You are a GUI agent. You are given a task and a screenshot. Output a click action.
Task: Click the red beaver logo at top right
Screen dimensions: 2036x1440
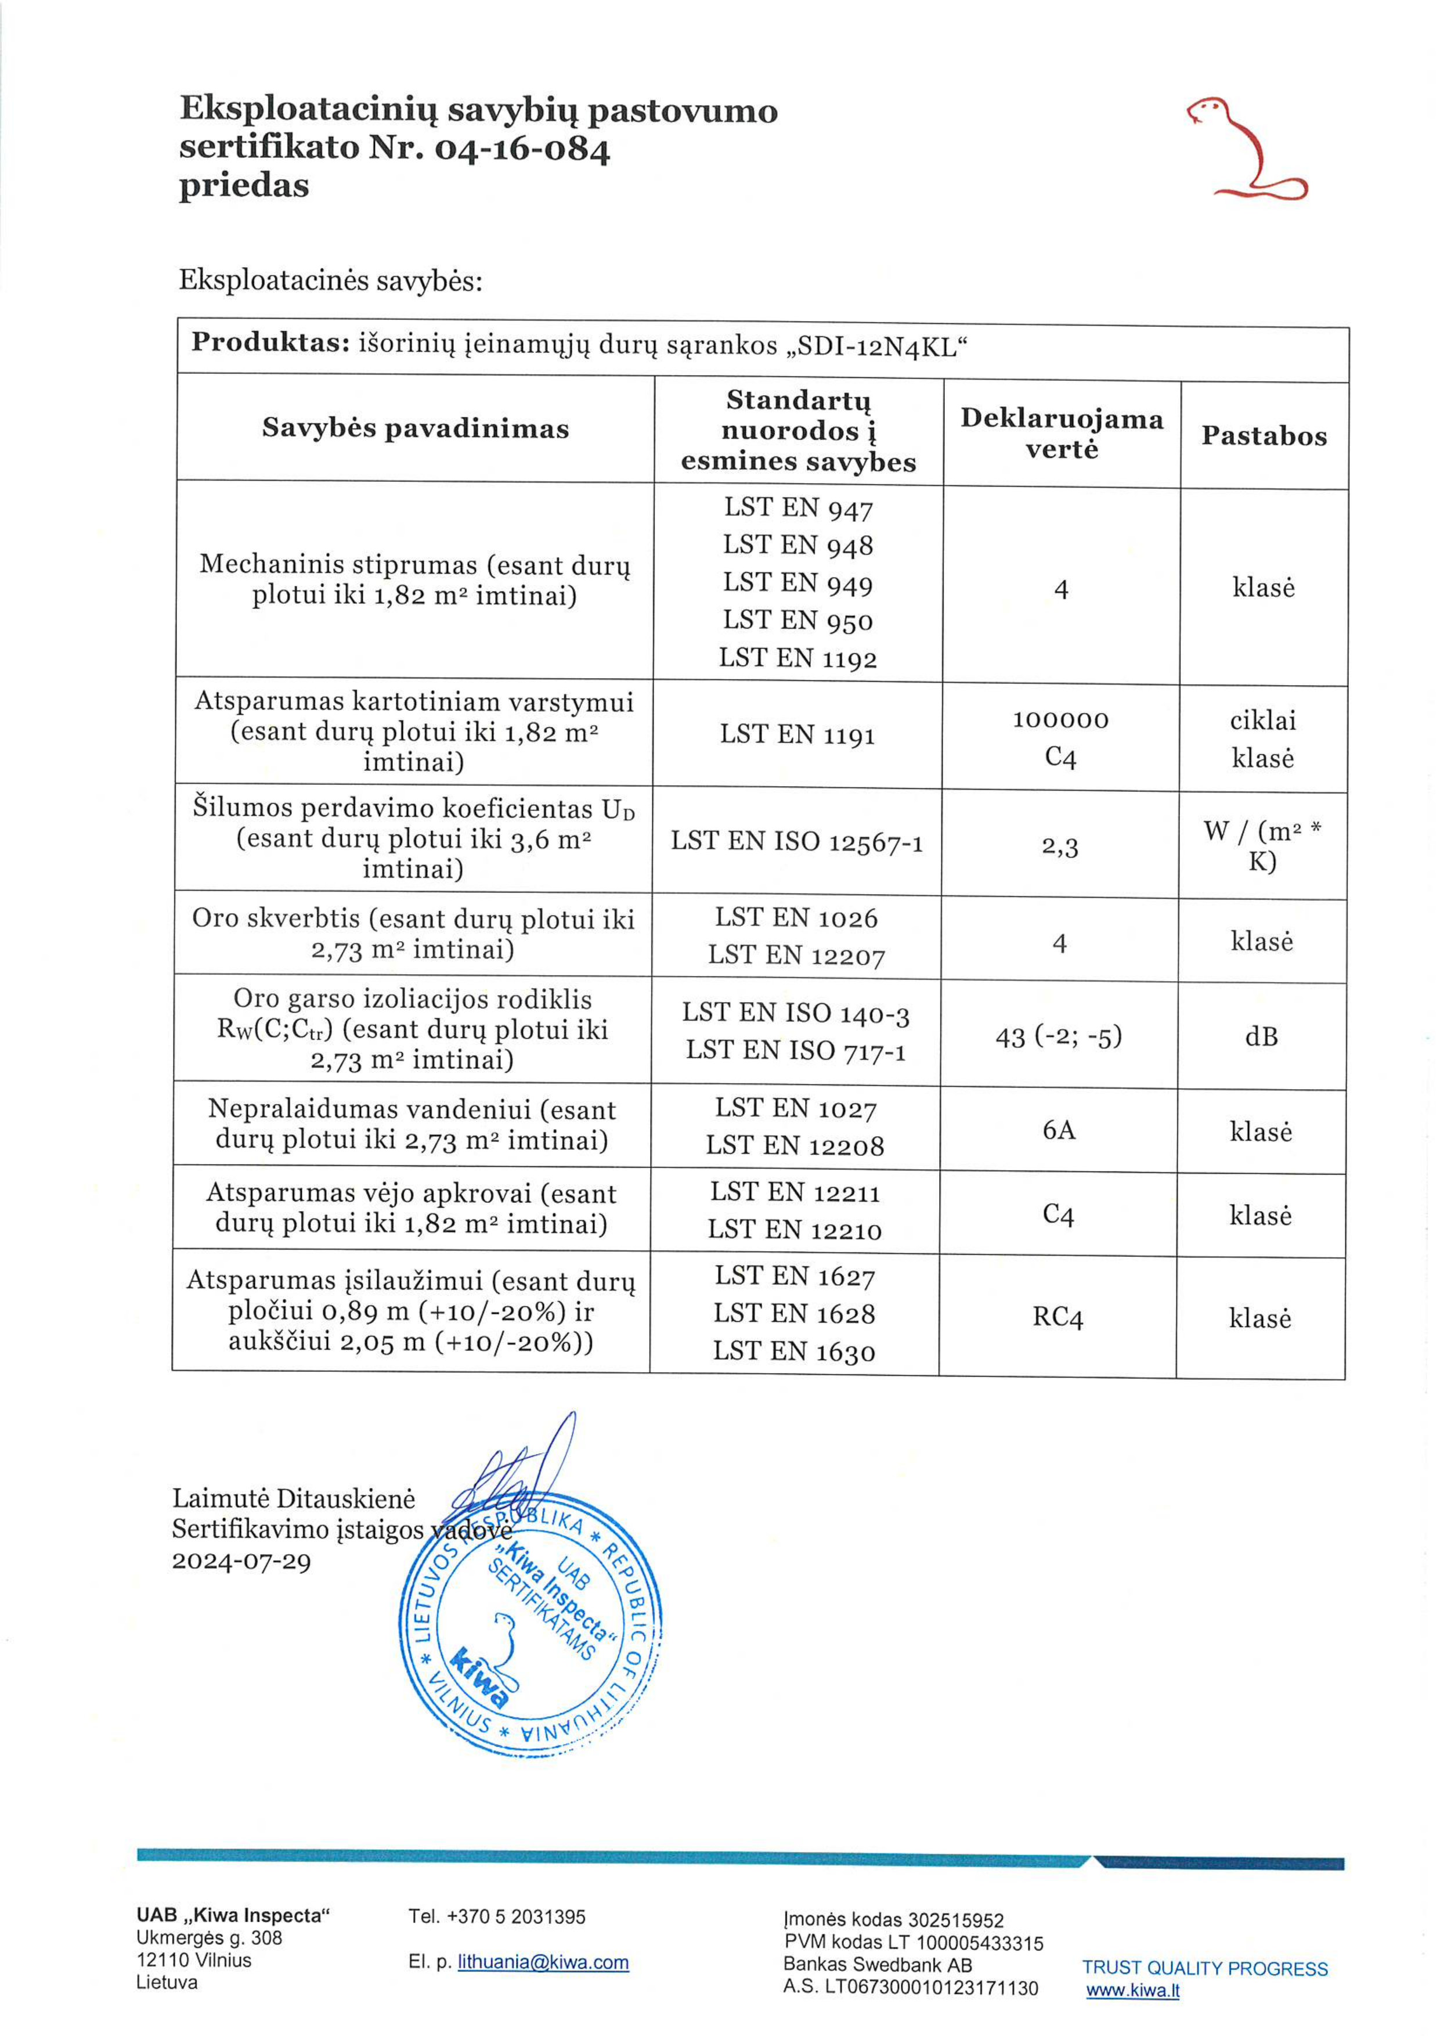click(x=1246, y=148)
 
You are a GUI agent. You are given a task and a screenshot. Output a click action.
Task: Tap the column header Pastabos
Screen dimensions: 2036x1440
click(x=1264, y=435)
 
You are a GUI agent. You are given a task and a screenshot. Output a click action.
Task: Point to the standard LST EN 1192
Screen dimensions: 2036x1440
click(x=797, y=658)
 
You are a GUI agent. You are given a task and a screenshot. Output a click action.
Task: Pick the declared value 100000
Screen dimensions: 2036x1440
click(x=1060, y=719)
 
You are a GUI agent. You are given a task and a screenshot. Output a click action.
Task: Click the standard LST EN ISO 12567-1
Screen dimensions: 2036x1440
click(x=796, y=841)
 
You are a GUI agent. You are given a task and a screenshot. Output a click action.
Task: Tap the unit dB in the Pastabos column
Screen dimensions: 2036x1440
click(x=1261, y=1036)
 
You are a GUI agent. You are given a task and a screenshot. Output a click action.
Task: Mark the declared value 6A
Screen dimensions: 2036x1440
click(x=1059, y=1130)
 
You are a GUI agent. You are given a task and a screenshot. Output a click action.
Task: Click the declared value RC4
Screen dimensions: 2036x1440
click(x=1058, y=1317)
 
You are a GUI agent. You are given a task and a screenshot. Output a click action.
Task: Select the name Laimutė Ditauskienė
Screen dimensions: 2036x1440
click(x=294, y=1498)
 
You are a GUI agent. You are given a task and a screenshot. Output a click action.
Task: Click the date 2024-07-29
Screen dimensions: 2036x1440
click(x=241, y=1561)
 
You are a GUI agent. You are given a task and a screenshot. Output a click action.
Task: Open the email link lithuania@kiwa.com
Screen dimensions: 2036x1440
click(x=543, y=1962)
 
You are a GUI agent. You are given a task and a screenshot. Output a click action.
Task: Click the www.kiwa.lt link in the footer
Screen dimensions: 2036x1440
click(x=1132, y=1991)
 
